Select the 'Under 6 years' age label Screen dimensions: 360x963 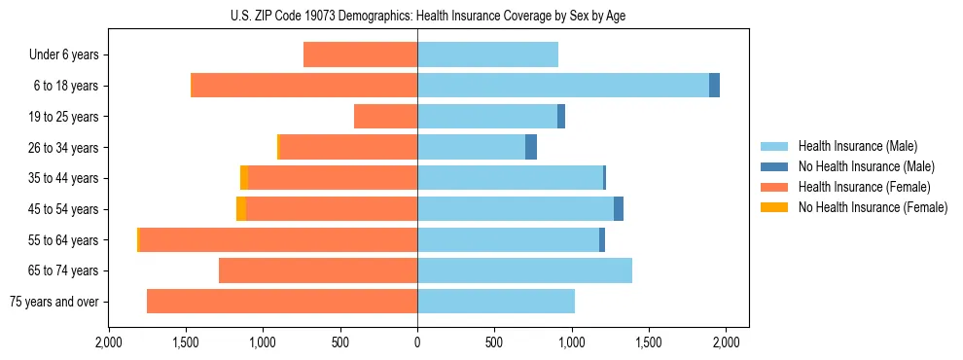64,54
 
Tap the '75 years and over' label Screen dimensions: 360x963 53,302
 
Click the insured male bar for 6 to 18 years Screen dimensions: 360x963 563,86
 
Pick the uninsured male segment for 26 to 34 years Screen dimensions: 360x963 531,147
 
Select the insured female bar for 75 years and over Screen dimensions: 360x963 282,302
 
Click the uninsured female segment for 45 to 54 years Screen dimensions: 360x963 241,209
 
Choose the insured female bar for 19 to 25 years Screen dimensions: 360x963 385,117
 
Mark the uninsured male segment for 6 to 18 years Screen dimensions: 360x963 714,86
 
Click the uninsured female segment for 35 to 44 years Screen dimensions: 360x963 244,178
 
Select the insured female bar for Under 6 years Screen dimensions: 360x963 360,54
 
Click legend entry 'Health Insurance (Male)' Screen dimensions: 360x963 857,146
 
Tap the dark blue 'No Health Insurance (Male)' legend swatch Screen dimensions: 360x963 775,166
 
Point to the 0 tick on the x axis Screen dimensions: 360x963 417,342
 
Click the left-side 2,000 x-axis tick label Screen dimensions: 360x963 109,342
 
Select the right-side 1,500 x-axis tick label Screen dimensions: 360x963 649,342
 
